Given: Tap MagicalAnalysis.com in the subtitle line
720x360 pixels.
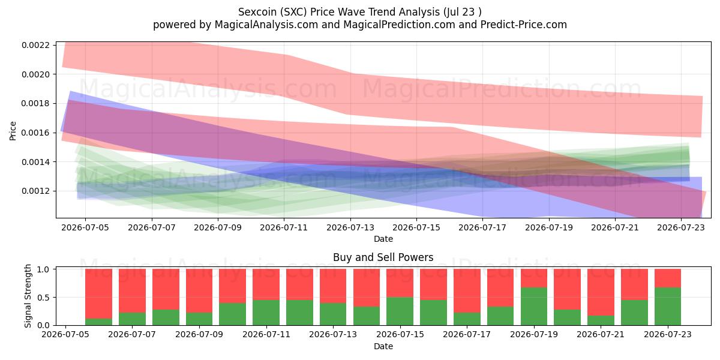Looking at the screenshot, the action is pyautogui.click(x=266, y=25).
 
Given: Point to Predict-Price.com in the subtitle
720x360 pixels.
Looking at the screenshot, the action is pyautogui.click(x=524, y=25).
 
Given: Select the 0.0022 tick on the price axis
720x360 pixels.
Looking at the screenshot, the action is pyautogui.click(x=35, y=45).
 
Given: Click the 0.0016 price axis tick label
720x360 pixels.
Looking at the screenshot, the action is pyautogui.click(x=35, y=133).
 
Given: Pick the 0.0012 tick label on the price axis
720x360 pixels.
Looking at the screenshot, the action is pyautogui.click(x=35, y=191).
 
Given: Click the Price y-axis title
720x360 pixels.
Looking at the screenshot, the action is pyautogui.click(x=13, y=131).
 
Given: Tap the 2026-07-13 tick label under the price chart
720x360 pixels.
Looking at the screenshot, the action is pyautogui.click(x=350, y=227).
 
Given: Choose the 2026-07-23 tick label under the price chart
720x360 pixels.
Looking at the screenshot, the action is pyautogui.click(x=681, y=227).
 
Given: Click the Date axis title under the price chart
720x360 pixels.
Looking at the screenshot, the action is pyautogui.click(x=383, y=239).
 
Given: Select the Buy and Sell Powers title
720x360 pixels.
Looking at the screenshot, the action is pyautogui.click(x=383, y=257).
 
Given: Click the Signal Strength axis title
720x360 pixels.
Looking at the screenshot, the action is pyautogui.click(x=28, y=296).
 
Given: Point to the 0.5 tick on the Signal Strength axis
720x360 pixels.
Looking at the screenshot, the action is pyautogui.click(x=43, y=298).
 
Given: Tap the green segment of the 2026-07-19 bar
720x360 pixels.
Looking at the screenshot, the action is pyautogui.click(x=534, y=307).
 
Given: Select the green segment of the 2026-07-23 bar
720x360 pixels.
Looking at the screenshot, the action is pyautogui.click(x=668, y=307).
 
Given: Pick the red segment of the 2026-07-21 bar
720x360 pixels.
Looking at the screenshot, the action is pyautogui.click(x=601, y=292).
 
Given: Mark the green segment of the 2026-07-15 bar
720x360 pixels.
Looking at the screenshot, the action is pyautogui.click(x=400, y=311).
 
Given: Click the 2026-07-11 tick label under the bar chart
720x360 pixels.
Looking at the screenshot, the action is pyautogui.click(x=266, y=334).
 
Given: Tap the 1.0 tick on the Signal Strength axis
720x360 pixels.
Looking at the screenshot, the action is pyautogui.click(x=43, y=269).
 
